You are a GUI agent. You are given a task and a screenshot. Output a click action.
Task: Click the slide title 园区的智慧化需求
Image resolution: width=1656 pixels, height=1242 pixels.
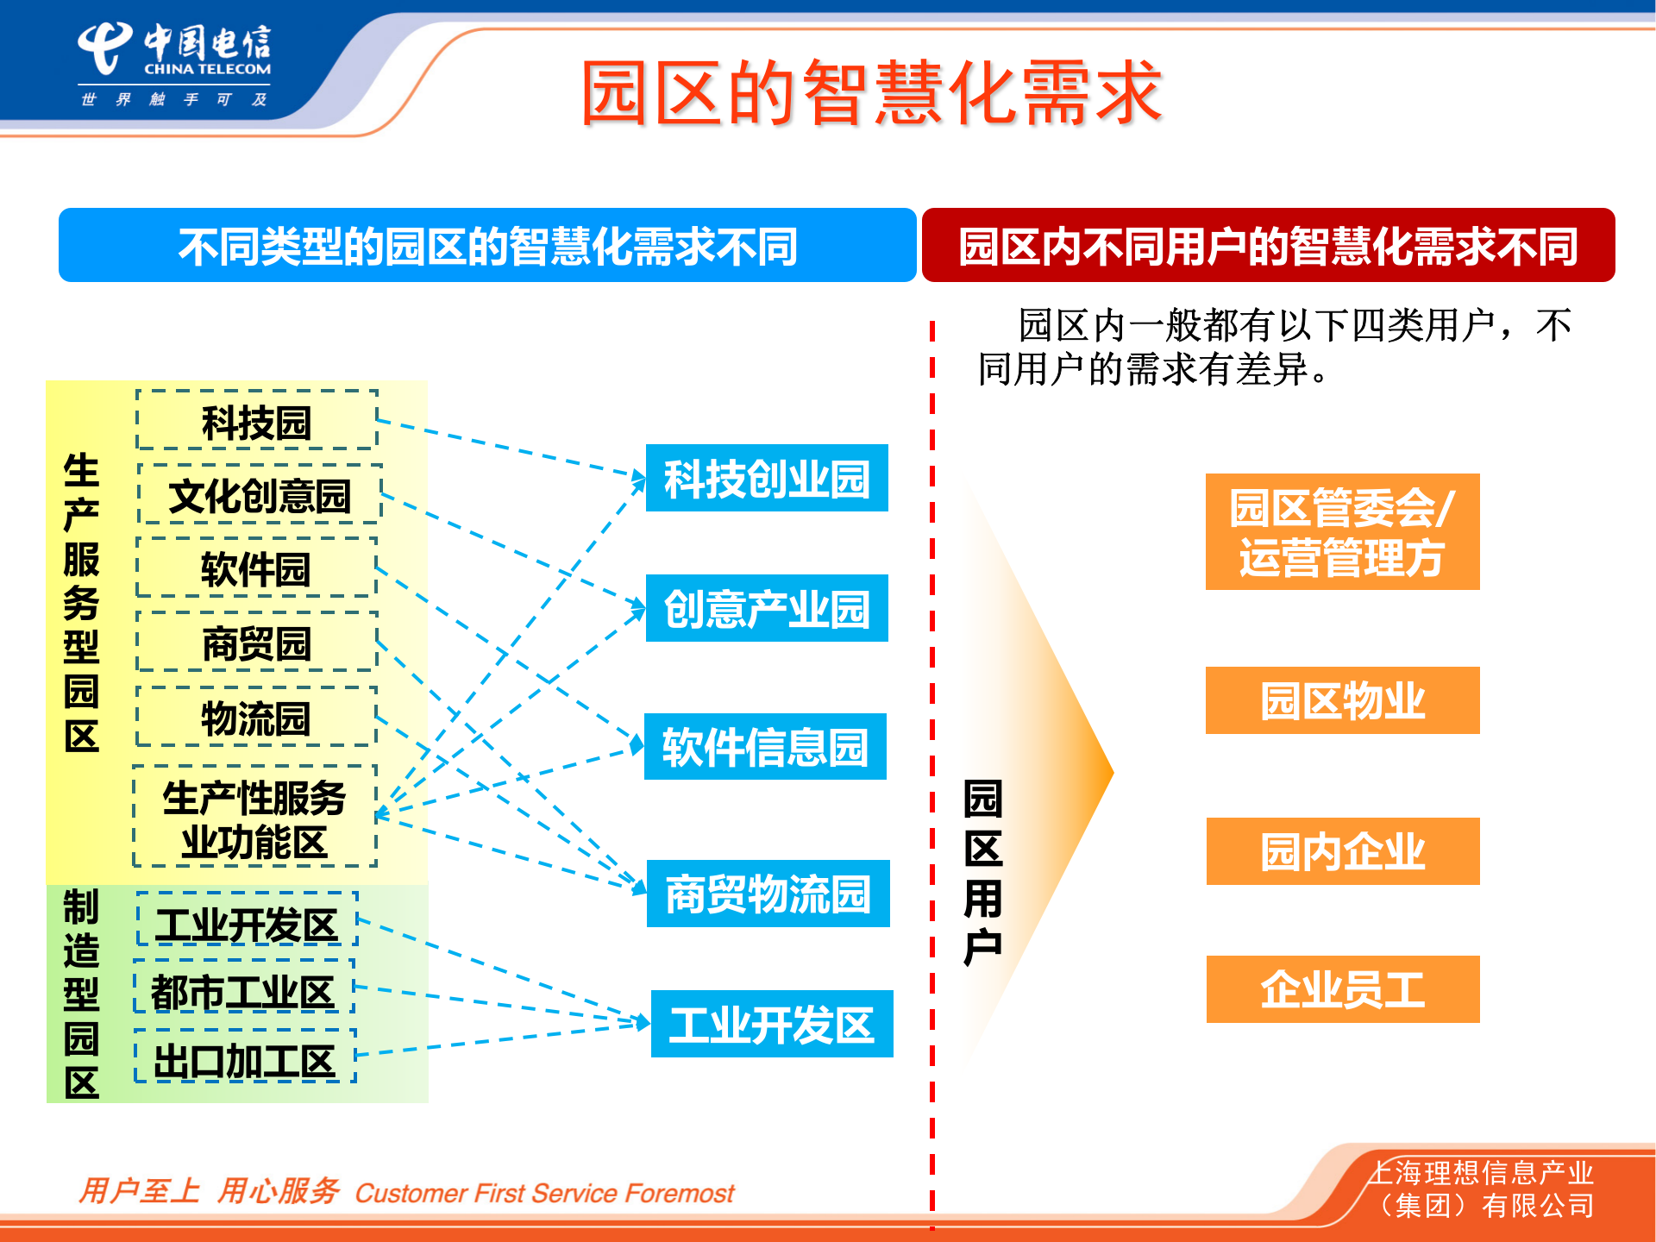point(871,93)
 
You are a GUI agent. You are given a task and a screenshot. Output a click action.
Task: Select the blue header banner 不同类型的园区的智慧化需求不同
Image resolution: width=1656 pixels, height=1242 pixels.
point(487,246)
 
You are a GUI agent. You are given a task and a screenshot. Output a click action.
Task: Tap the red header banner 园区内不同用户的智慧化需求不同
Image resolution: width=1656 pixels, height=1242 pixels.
point(1268,246)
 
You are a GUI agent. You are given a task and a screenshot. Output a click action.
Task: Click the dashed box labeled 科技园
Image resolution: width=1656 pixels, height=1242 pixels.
point(257,421)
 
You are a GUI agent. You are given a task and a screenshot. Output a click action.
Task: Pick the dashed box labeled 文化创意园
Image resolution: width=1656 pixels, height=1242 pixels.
point(260,495)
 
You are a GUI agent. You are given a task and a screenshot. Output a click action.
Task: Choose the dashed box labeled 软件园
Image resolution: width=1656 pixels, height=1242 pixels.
point(256,568)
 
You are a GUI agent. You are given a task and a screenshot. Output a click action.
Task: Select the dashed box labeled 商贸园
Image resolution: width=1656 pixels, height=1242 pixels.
point(257,643)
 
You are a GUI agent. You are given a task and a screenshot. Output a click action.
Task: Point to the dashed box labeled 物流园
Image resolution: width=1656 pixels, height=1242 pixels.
point(256,718)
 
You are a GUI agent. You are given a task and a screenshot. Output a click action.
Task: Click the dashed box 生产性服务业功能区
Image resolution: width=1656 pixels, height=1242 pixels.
point(254,818)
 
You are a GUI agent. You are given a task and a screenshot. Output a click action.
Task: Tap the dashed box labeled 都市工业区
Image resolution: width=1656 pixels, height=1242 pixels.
point(244,991)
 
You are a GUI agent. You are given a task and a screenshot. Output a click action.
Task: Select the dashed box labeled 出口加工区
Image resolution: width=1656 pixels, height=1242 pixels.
point(245,1060)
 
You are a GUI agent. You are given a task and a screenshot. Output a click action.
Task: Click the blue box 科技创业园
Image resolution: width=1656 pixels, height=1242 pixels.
point(767,479)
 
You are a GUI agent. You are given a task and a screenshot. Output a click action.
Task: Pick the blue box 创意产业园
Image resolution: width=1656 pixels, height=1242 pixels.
point(767,609)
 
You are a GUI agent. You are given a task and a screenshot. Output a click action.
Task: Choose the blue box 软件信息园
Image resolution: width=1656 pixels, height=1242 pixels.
point(765,747)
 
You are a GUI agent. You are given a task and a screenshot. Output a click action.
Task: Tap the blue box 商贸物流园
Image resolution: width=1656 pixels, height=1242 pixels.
point(768,894)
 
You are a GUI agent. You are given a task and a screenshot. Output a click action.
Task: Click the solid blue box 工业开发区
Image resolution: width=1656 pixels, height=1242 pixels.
point(772,1025)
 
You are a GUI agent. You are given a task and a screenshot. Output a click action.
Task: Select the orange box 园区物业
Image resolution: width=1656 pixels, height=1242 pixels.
point(1342,700)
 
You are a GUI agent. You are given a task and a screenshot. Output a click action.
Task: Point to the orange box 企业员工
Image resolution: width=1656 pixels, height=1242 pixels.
point(1342,989)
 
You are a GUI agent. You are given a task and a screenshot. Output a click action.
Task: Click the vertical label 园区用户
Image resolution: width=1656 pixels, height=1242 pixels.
point(983,871)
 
